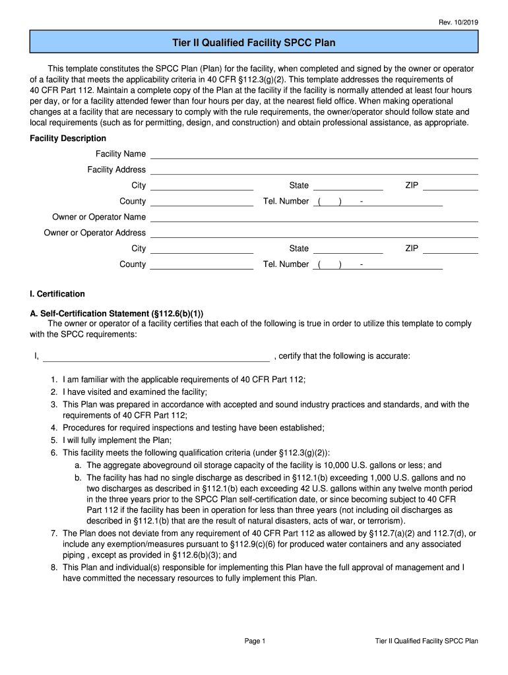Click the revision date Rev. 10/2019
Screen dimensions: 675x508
tap(459, 22)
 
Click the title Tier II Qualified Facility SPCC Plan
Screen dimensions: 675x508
tap(254, 43)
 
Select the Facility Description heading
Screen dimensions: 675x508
tap(68, 138)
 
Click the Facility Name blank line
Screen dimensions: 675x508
tap(314, 154)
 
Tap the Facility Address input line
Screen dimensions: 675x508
tap(314, 170)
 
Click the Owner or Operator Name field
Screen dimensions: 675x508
tap(314, 218)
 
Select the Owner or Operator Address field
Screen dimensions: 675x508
tap(314, 233)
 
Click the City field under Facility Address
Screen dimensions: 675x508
tap(202, 186)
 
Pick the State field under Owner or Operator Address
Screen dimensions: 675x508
tap(348, 249)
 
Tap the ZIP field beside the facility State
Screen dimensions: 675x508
tap(450, 186)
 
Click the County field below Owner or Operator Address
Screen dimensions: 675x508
tap(202, 265)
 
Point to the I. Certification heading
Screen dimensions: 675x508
tap(57, 294)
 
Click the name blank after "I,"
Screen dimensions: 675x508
tap(156, 357)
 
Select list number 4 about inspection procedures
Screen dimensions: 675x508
tap(53, 428)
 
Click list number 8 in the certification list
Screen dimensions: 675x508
tap(53, 568)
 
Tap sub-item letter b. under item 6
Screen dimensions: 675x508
tap(78, 477)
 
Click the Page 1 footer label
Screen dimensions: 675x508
tap(254, 641)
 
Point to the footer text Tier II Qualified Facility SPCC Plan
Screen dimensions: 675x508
tap(426, 641)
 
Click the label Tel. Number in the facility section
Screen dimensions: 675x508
tap(286, 202)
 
